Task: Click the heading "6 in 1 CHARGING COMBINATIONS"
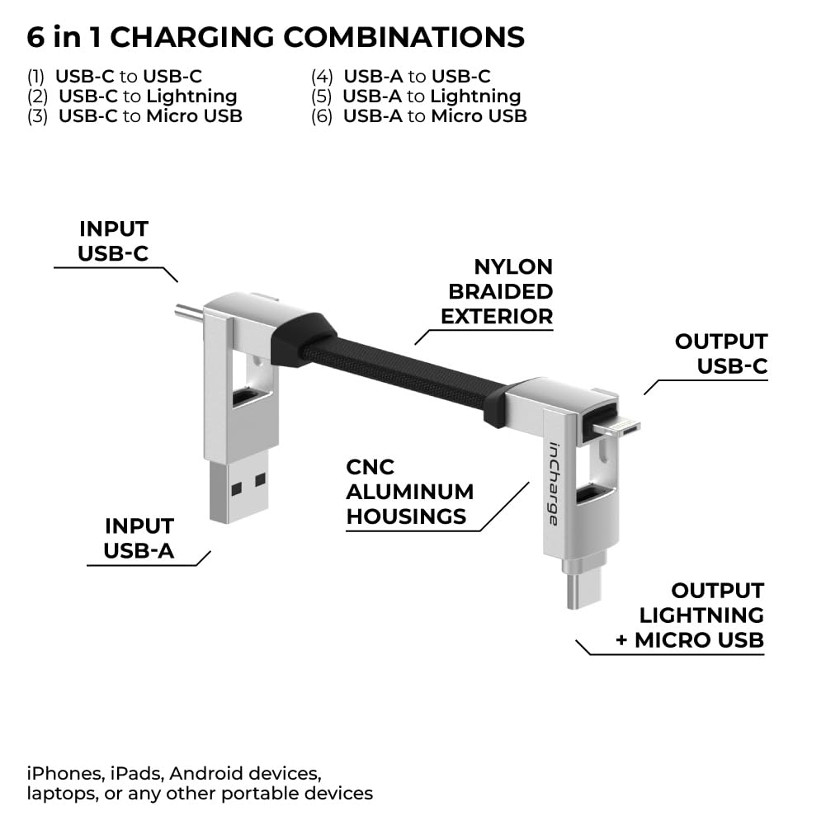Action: point(276,37)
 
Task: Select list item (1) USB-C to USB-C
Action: point(115,77)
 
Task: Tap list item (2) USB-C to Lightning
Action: point(132,97)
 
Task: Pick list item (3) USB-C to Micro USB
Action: point(135,116)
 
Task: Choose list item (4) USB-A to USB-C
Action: point(401,77)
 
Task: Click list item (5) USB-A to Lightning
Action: point(416,97)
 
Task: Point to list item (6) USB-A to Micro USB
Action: point(419,116)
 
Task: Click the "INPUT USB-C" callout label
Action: point(114,241)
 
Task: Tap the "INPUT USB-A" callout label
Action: point(139,539)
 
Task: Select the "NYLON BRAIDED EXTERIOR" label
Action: point(497,291)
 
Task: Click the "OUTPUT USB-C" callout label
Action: point(721,353)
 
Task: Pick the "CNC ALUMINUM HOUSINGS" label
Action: point(410,492)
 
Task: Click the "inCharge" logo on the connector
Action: point(553,483)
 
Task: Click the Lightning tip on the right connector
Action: point(620,427)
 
